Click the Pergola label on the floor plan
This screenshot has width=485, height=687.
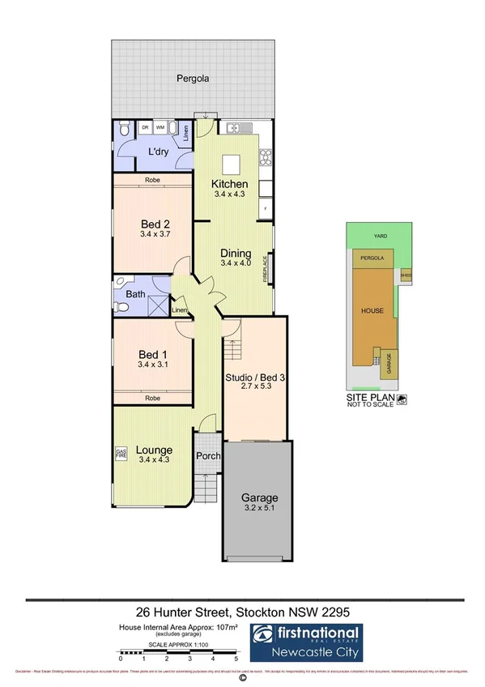click(x=194, y=79)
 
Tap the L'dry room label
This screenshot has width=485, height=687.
click(x=157, y=153)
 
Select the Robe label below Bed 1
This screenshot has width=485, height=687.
click(x=151, y=398)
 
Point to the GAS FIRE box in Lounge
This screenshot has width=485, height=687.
click(x=121, y=454)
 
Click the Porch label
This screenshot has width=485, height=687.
click(x=208, y=455)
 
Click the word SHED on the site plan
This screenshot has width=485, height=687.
click(x=406, y=275)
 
